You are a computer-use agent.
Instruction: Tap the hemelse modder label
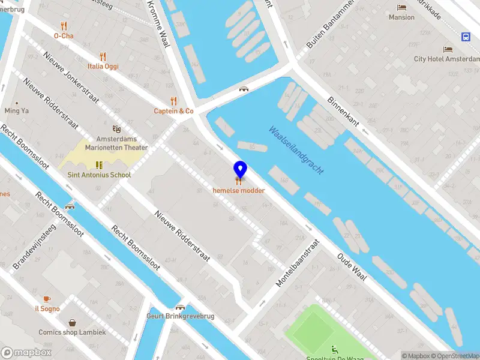point(239,191)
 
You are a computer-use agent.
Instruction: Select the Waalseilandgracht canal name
point(296,150)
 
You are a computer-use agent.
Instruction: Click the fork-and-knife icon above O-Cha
point(64,26)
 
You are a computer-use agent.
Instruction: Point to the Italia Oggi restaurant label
point(103,67)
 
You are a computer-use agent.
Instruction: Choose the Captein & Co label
point(173,111)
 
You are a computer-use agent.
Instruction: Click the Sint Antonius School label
point(98,175)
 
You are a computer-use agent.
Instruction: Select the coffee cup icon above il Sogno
point(47,299)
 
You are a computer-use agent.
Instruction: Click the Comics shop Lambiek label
point(72,332)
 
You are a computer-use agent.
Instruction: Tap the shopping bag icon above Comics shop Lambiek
point(72,322)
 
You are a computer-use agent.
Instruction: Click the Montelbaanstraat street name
point(296,265)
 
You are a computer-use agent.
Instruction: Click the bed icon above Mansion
point(401,7)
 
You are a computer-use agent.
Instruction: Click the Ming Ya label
point(17,111)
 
